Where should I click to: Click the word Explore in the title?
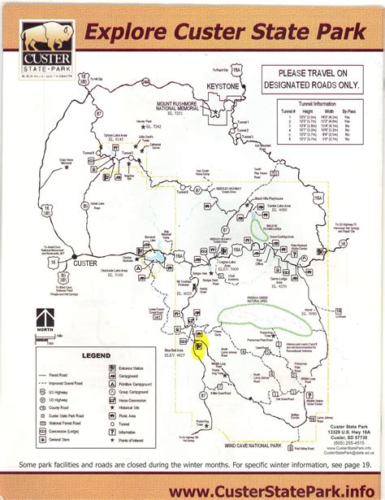[123, 33]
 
